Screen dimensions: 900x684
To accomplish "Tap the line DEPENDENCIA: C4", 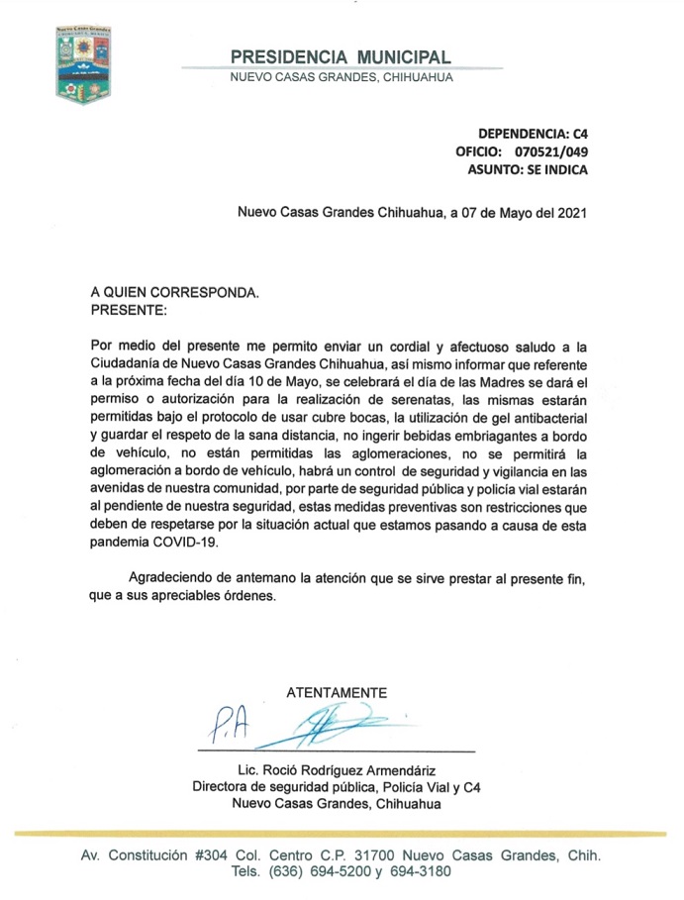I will pyautogui.click(x=534, y=133).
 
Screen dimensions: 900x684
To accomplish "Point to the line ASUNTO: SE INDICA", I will pyautogui.click(x=528, y=169).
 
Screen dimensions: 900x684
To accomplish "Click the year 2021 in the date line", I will pyautogui.click(x=571, y=211).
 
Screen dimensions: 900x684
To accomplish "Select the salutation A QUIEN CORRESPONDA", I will pyautogui.click(x=174, y=293).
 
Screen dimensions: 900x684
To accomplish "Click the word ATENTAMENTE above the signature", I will pyautogui.click(x=337, y=692).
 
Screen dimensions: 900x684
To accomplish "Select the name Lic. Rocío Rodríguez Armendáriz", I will pyautogui.click(x=337, y=770).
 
